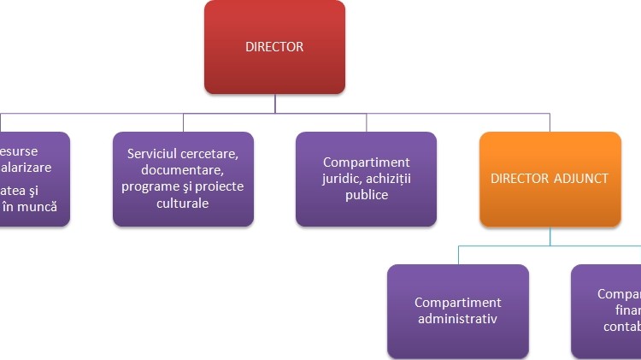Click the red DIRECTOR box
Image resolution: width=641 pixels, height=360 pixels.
(274, 47)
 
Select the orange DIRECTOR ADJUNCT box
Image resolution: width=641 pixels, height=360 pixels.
(550, 179)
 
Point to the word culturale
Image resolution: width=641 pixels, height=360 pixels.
(183, 204)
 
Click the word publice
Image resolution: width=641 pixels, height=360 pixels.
(366, 195)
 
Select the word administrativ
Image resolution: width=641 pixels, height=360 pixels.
(457, 319)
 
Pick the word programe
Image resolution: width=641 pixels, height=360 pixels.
(150, 187)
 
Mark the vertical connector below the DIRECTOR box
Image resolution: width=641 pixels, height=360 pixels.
(274, 103)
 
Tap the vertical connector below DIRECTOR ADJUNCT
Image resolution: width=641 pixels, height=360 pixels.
(550, 236)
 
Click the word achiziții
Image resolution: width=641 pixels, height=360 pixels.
(388, 179)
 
